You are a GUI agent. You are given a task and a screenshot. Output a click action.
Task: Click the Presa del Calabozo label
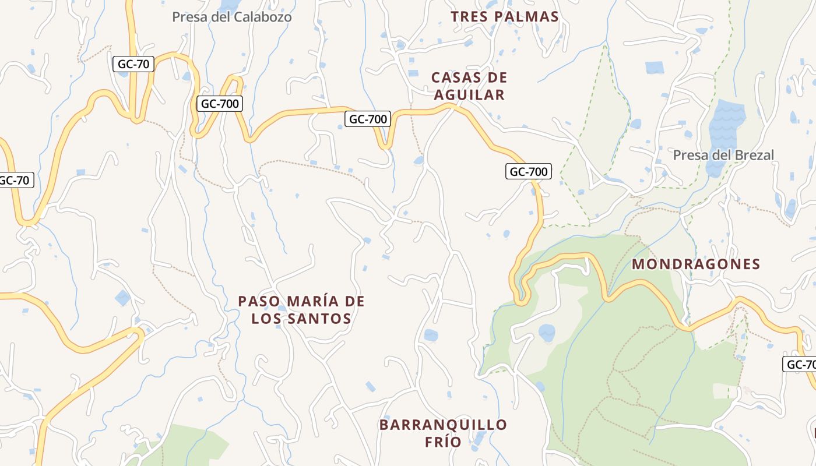(x=232, y=17)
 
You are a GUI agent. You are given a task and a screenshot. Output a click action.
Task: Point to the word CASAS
(x=453, y=77)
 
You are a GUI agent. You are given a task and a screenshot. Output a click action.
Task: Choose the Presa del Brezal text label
(x=723, y=155)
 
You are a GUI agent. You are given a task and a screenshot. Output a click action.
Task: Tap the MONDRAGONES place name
(x=696, y=264)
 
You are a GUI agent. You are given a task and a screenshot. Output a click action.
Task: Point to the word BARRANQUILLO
(x=443, y=425)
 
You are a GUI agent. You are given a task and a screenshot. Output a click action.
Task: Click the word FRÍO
(x=443, y=442)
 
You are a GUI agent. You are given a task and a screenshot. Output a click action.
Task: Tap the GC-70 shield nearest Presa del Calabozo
(x=133, y=65)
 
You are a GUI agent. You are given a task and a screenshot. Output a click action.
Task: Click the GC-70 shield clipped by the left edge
(x=15, y=180)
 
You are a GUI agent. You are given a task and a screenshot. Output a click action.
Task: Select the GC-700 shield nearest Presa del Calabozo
(x=219, y=104)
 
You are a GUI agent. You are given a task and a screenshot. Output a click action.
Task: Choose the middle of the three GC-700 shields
(x=367, y=119)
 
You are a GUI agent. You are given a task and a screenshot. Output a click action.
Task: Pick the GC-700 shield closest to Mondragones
(x=529, y=171)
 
